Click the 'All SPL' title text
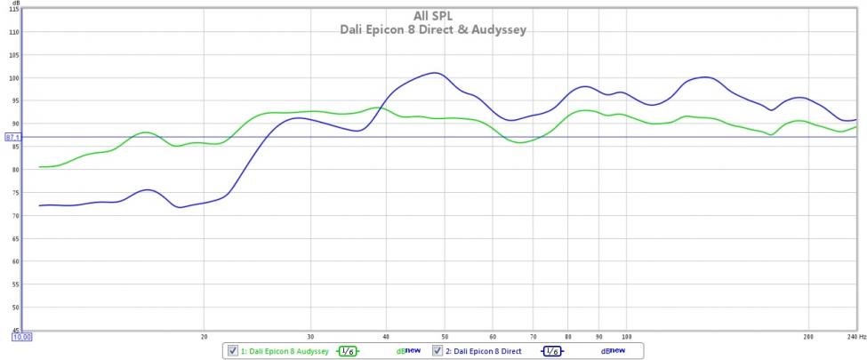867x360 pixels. (x=433, y=15)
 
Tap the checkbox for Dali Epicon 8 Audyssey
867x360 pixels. (x=233, y=351)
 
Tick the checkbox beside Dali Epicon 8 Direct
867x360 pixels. (x=438, y=351)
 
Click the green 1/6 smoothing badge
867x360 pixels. (x=348, y=351)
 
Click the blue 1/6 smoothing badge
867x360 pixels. (x=551, y=351)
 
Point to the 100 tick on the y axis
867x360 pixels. (x=14, y=78)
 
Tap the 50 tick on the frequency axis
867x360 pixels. (x=444, y=337)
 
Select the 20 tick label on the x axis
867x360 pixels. (x=205, y=337)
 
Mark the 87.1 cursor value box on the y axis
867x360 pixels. (x=12, y=137)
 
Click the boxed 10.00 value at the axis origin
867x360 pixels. (x=21, y=337)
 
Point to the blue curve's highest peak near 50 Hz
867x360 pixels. (x=434, y=73)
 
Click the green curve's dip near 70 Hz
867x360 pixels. (x=520, y=141)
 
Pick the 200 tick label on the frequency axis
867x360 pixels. (x=808, y=337)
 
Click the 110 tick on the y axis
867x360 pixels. (x=14, y=32)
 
